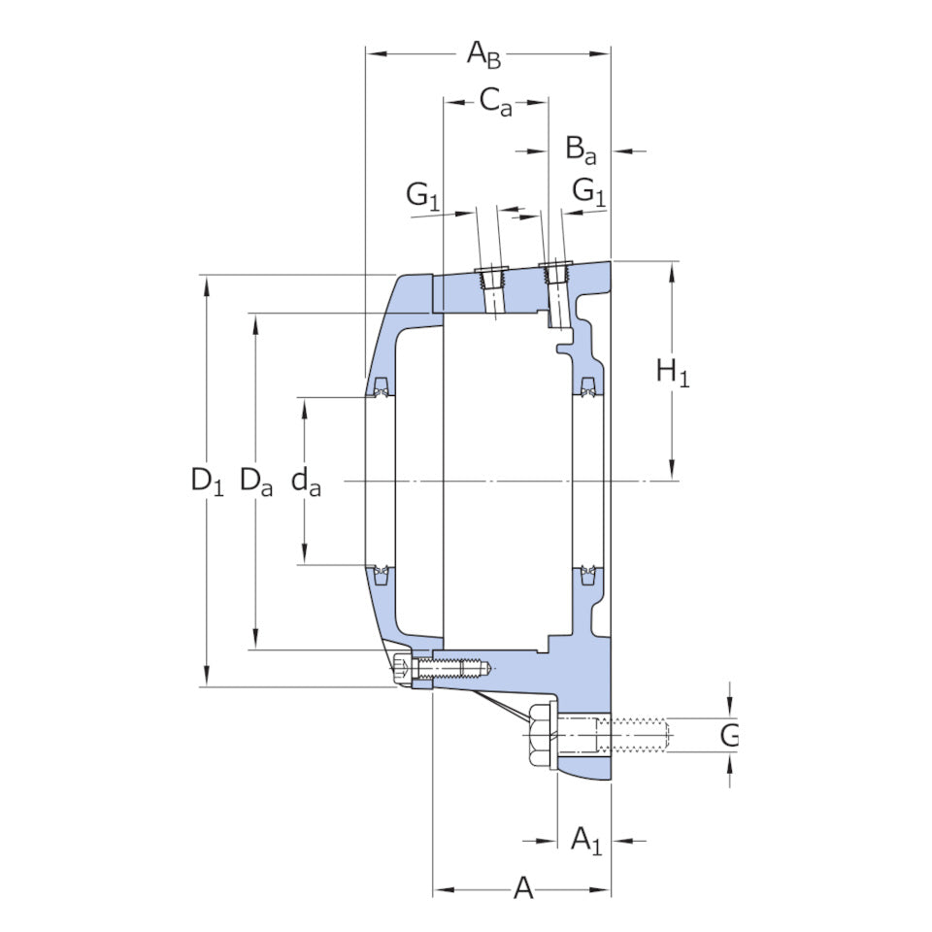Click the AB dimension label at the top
[x=483, y=54]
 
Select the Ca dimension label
[x=496, y=101]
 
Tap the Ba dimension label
[x=581, y=150]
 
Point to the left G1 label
[x=422, y=195]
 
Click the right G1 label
[x=589, y=191]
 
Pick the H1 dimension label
[x=673, y=372]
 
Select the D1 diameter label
[x=207, y=481]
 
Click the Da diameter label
[x=256, y=481]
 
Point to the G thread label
[x=729, y=735]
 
